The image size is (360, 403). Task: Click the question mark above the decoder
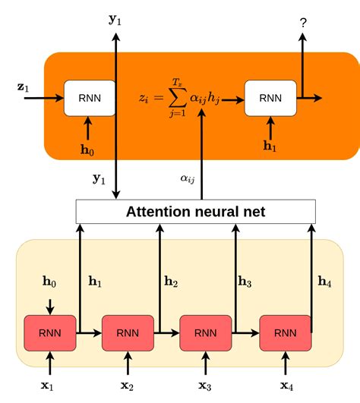pos(303,23)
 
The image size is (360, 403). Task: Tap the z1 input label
pos(23,87)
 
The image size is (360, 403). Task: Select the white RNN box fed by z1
pos(90,98)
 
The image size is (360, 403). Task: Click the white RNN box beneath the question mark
pos(270,98)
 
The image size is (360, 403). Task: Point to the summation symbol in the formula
pos(178,98)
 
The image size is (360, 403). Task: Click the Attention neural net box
pos(196,212)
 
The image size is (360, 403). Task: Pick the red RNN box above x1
pos(50,333)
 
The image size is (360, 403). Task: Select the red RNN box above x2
pos(128,333)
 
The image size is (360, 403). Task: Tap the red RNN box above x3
pos(206,333)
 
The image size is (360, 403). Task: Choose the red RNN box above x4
pos(286,333)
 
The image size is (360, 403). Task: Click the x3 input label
pos(205,386)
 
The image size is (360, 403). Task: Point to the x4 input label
pos(286,386)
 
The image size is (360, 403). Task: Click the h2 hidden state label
pos(171,282)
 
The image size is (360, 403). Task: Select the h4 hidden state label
pos(324,282)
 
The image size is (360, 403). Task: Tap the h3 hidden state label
pos(245,282)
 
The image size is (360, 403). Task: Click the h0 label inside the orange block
pos(87,150)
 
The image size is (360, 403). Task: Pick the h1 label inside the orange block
pos(270,146)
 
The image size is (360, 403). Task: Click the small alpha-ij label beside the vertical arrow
pos(188,178)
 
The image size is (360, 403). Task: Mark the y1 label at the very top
pos(115,20)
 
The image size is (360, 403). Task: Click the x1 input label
pos(47,386)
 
